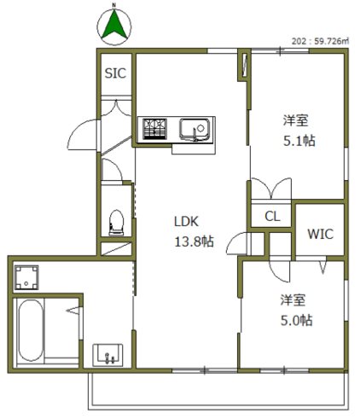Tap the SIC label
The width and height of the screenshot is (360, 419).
115,73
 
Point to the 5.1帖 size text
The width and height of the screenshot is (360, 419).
299,141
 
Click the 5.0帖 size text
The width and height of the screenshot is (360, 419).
295,321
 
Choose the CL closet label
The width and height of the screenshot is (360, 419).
271,217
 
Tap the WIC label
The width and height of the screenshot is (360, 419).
320,233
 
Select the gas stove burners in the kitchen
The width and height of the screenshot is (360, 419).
155,129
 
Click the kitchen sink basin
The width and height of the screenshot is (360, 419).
195,130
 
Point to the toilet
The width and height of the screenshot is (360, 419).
118,223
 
